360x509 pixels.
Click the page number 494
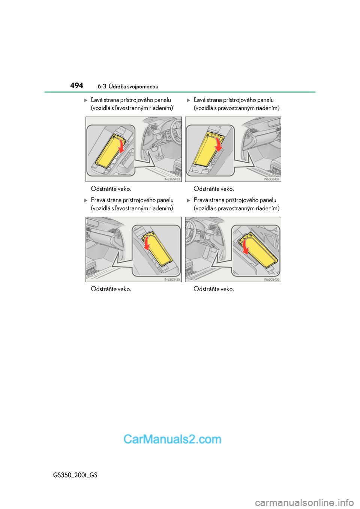pyautogui.click(x=76, y=85)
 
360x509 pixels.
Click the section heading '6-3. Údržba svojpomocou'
pyautogui.click(x=128, y=87)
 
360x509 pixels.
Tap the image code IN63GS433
pyautogui.click(x=172, y=179)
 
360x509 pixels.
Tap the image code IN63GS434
pyautogui.click(x=271, y=179)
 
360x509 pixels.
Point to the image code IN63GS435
pyautogui.click(x=172, y=279)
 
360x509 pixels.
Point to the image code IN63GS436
pyautogui.click(x=271, y=279)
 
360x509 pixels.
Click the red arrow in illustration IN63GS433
pyautogui.click(x=120, y=145)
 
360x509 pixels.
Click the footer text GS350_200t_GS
pyautogui.click(x=75, y=475)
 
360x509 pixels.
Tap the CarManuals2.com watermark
pyautogui.click(x=172, y=439)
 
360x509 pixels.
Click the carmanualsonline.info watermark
pyautogui.click(x=304, y=502)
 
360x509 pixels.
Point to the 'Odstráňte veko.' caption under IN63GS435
pyautogui.click(x=111, y=289)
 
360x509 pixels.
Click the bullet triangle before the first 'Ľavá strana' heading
pyautogui.click(x=86, y=100)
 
